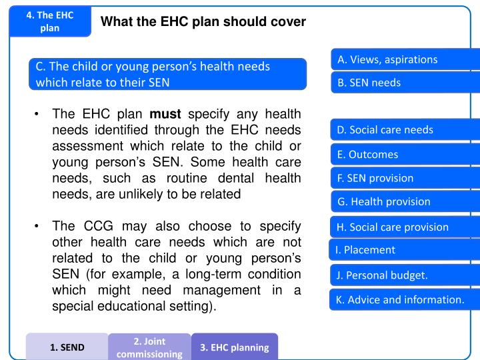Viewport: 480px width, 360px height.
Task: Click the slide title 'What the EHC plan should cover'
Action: tap(203, 22)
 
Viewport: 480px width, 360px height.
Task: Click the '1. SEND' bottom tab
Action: tap(67, 347)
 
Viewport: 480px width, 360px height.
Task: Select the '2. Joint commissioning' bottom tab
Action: tap(149, 347)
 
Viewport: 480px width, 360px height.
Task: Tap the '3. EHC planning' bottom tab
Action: tap(234, 347)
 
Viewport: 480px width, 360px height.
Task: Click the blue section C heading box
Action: tap(167, 74)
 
